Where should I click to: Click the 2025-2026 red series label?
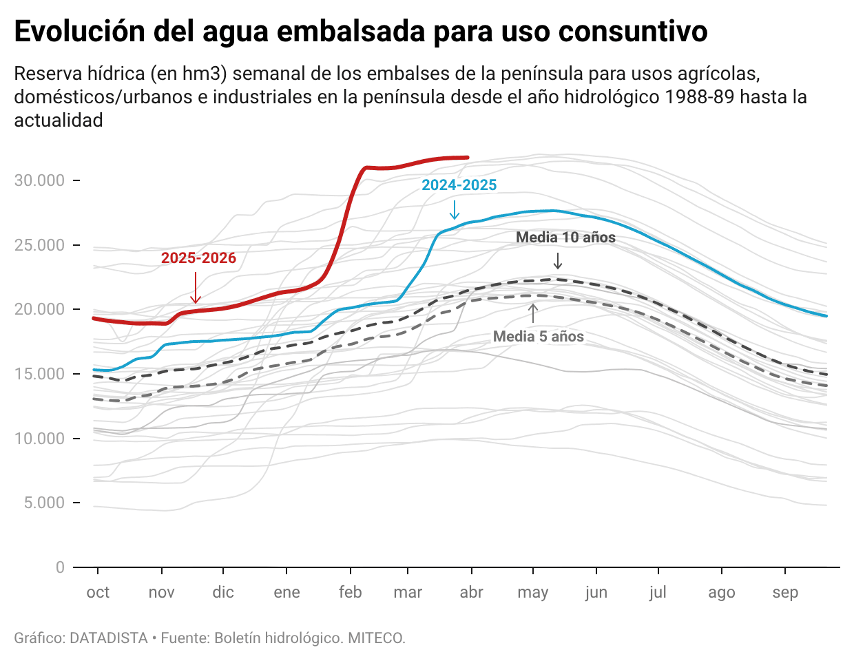pos(198,258)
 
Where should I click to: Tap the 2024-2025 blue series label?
pos(459,185)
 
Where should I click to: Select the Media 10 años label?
pos(565,238)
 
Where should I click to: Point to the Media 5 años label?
pos(538,337)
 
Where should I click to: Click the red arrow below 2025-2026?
pos(196,288)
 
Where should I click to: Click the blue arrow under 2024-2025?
pos(454,209)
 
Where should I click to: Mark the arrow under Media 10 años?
pos(558,261)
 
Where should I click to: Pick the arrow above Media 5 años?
pos(532,313)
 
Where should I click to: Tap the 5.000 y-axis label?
pos(44,503)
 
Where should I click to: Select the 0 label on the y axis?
pos(60,567)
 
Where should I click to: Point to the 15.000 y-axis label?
pos(39,374)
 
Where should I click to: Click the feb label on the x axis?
pos(350,593)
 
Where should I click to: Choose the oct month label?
pos(98,593)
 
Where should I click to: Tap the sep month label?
pos(785,593)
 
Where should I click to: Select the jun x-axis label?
pos(596,593)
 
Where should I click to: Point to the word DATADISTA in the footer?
pos(108,638)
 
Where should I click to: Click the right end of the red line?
pos(468,158)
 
